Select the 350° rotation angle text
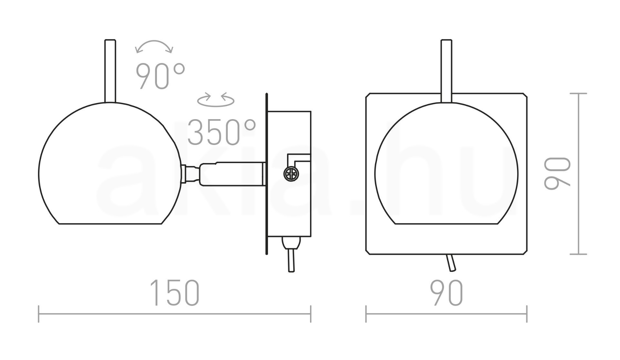click(x=222, y=132)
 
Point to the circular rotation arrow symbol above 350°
click(x=216, y=100)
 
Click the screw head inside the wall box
click(x=291, y=174)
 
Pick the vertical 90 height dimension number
click(x=557, y=173)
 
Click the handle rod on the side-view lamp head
click(x=110, y=71)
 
